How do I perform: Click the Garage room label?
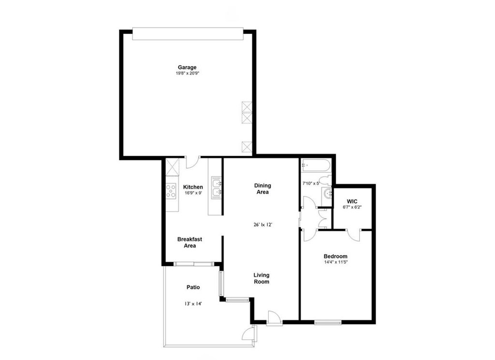coord(187,67)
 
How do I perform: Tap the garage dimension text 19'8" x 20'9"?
coord(188,74)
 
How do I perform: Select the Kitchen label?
coord(193,187)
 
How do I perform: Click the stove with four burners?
coord(171,191)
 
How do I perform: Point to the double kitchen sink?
coord(217,188)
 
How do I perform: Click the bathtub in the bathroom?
coord(316,165)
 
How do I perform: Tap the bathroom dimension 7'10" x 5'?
coord(311,183)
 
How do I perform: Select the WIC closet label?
coord(352,202)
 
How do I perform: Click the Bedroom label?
coord(335,256)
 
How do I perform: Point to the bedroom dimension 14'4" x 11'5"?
coord(335,262)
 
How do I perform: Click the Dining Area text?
coord(262,189)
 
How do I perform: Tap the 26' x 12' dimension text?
coord(262,225)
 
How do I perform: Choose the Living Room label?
coord(262,278)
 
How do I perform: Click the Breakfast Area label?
coord(189,242)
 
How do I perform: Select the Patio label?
coord(193,287)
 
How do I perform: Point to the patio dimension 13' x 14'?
coord(193,304)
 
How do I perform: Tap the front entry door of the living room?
coord(274,317)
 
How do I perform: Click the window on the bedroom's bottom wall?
coord(328,322)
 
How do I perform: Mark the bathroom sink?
coord(327,193)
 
